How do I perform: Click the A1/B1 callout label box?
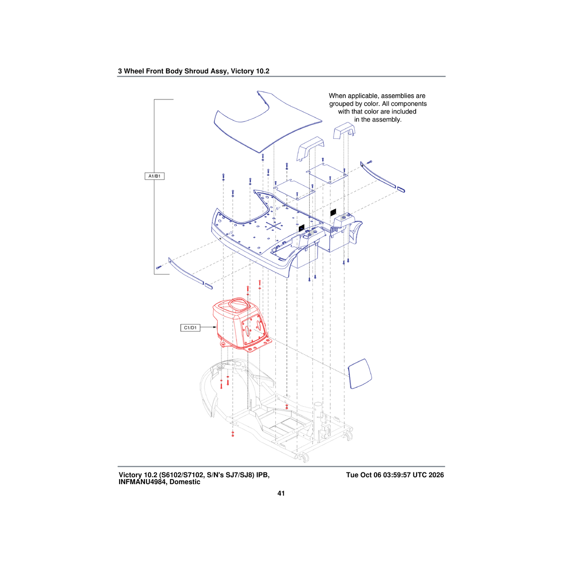(154, 176)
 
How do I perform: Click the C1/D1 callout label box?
(190, 328)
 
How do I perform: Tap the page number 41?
(281, 494)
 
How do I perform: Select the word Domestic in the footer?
(185, 482)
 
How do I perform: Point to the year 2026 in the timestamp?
(436, 475)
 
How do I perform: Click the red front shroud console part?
(240, 324)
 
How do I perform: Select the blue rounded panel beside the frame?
(360, 373)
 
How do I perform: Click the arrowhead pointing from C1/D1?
(215, 327)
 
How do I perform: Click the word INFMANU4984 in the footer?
(142, 482)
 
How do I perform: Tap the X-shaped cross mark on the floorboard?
(274, 226)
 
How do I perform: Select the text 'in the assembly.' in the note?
(378, 120)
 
